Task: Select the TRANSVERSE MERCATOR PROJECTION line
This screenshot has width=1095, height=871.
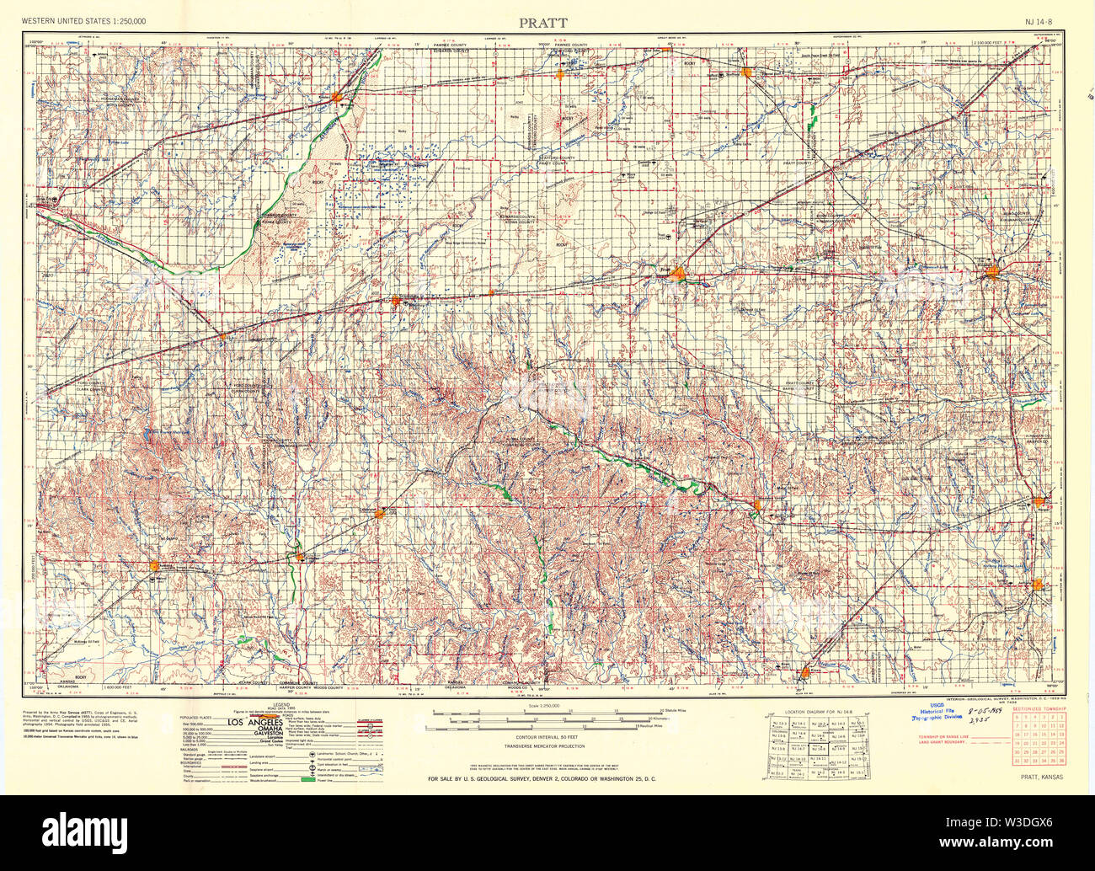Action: [x=544, y=746]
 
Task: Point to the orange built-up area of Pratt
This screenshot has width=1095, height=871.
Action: [x=677, y=272]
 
